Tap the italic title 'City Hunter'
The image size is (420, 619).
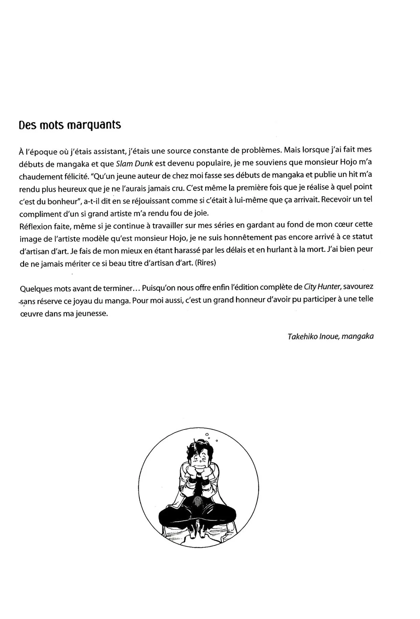coord(322,287)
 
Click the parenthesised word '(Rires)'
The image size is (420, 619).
coord(206,263)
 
